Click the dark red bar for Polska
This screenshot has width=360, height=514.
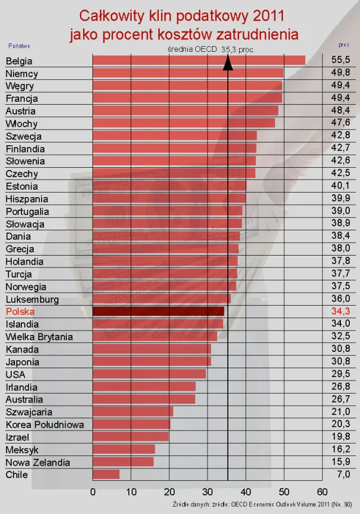tap(158, 311)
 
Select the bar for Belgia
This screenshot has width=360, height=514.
tap(199, 60)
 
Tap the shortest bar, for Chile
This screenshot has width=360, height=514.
tap(106, 474)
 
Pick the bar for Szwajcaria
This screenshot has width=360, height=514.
tap(133, 412)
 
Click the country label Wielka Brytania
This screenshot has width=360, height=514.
tap(39, 337)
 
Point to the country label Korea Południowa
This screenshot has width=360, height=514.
tap(45, 424)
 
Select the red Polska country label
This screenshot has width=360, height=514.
tap(20, 311)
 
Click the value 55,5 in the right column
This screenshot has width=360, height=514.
tap(341, 60)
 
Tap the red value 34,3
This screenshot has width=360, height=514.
tap(341, 311)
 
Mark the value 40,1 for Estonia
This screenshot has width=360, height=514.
tap(341, 186)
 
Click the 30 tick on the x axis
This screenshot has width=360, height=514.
tap(208, 492)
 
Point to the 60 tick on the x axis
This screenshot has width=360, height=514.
tap(322, 492)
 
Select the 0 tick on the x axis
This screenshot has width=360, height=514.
tap(93, 492)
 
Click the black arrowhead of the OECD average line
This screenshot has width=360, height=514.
tap(228, 63)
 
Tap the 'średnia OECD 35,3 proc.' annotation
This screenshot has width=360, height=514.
tap(211, 50)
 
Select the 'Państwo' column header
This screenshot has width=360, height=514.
tap(19, 45)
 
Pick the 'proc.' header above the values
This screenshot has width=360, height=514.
tap(345, 44)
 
